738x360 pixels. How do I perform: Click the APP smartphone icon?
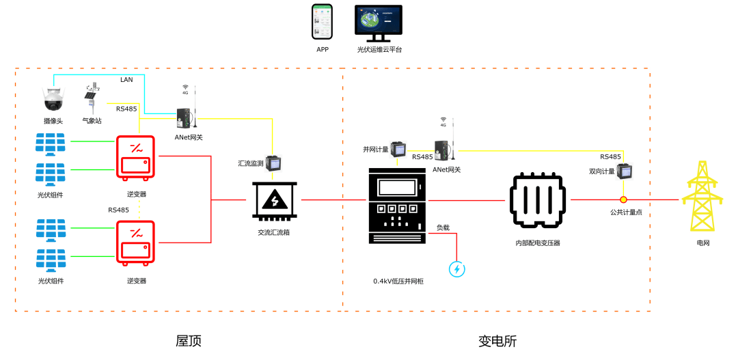(322, 22)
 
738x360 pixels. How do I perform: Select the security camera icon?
(53, 99)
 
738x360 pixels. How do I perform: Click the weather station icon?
(92, 98)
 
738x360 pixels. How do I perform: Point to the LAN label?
(126, 79)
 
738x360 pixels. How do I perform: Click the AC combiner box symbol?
(275, 201)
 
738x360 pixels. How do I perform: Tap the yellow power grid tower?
(702, 196)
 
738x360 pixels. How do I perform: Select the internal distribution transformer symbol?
(538, 200)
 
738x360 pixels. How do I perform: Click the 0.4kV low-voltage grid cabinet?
(398, 205)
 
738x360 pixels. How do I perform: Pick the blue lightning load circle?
(457, 269)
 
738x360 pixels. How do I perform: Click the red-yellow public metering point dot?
(623, 199)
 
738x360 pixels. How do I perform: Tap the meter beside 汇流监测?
(273, 163)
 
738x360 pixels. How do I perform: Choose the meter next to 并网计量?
(398, 149)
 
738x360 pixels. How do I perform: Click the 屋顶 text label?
(189, 341)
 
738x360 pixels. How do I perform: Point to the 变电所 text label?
(497, 341)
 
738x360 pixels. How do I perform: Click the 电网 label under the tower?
(702, 243)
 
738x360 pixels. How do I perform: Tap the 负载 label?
(443, 227)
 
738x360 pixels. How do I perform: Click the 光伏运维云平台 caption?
(379, 49)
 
